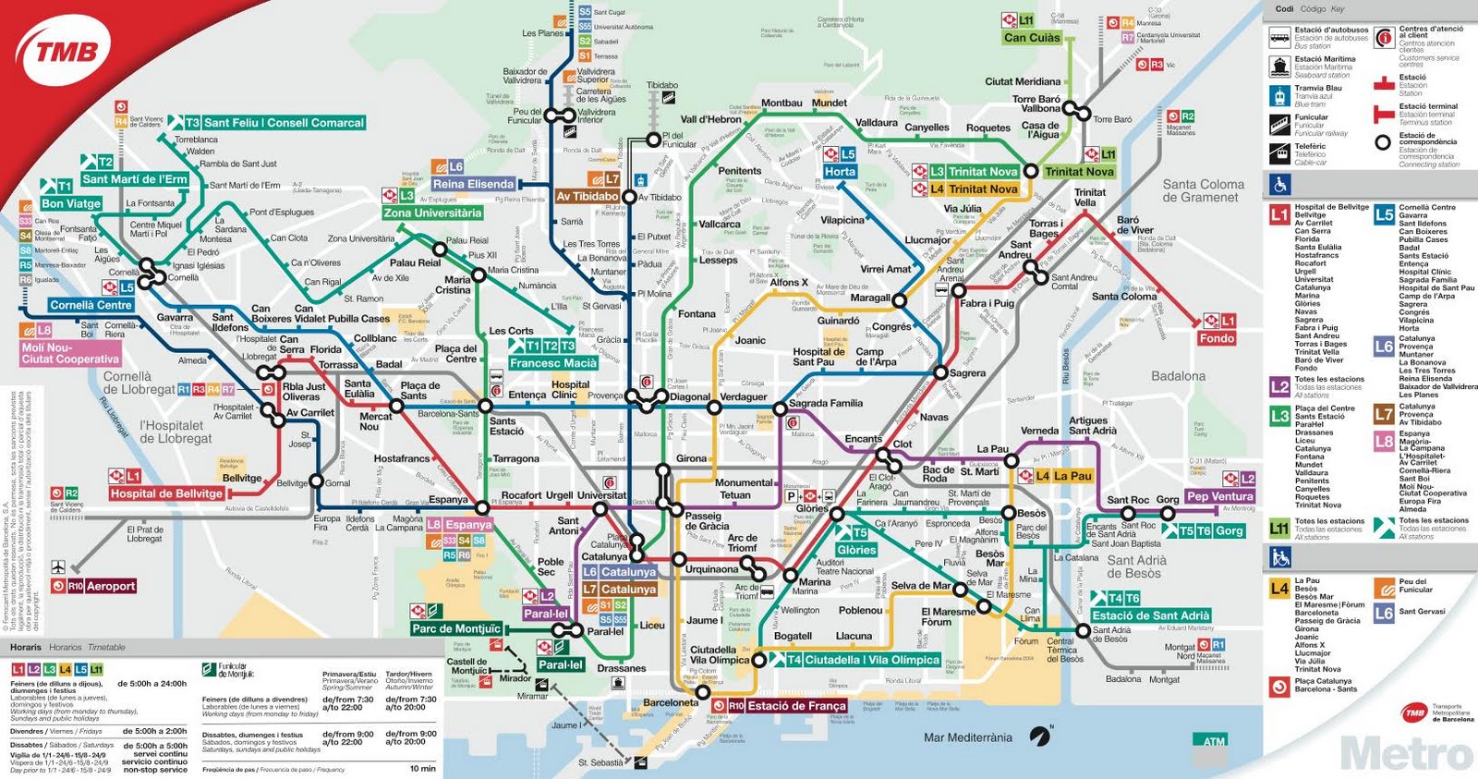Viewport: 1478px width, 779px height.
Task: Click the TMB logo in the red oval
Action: tap(67, 52)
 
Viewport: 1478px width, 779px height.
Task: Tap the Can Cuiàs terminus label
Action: tap(1032, 38)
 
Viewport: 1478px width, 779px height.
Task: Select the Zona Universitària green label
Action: tap(432, 213)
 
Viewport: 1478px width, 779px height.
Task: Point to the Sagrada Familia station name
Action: tap(825, 404)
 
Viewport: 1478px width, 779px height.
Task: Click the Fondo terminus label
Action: tap(1217, 338)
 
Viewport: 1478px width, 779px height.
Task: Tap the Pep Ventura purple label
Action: tap(1219, 496)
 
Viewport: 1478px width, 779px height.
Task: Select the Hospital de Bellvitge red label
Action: tap(166, 493)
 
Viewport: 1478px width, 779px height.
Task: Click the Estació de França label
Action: tap(796, 706)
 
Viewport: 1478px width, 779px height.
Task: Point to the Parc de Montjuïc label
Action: tap(456, 628)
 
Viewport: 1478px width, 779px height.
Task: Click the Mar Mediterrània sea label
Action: tap(967, 737)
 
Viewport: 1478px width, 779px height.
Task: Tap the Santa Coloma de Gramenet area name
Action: tap(1202, 190)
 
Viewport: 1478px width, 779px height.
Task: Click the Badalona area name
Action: tap(1178, 376)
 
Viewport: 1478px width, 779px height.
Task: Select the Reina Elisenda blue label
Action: tap(473, 184)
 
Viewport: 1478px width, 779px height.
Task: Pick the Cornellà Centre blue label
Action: tap(91, 305)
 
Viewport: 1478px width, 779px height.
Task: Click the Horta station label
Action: tap(840, 172)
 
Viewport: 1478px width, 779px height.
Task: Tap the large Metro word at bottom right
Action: tap(1406, 754)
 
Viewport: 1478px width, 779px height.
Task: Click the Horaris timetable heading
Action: tap(26, 647)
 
